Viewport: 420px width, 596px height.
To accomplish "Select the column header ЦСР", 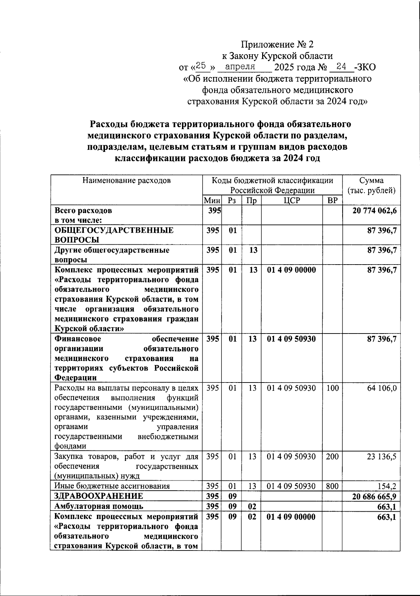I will [291, 200].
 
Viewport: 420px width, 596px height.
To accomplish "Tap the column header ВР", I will [332, 200].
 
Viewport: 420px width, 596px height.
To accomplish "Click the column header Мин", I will [212, 200].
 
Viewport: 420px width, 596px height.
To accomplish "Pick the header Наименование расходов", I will [126, 181].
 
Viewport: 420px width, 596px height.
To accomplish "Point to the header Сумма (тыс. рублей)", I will [371, 185].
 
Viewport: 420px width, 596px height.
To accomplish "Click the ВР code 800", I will [332, 486].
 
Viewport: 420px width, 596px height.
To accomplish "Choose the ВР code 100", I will [332, 388].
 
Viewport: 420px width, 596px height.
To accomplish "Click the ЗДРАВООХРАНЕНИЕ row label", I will [98, 496].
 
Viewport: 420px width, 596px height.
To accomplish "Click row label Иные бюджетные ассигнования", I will [112, 486].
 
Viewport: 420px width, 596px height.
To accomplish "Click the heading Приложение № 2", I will [278, 44].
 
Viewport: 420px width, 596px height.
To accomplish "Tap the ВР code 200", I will [332, 456].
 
